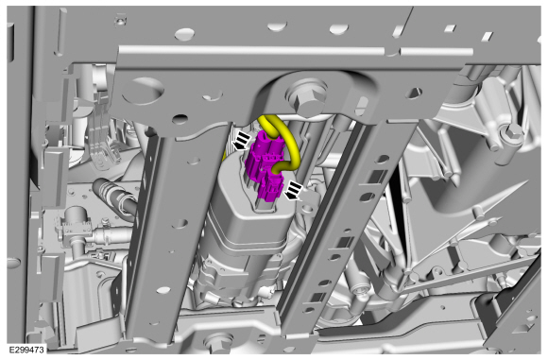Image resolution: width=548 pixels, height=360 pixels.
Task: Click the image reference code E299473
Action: (x=26, y=350)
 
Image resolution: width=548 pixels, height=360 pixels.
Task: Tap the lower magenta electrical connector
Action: (x=270, y=187)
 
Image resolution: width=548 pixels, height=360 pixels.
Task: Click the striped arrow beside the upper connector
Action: (x=242, y=141)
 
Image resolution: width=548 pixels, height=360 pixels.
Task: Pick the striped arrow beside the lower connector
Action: (x=294, y=191)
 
